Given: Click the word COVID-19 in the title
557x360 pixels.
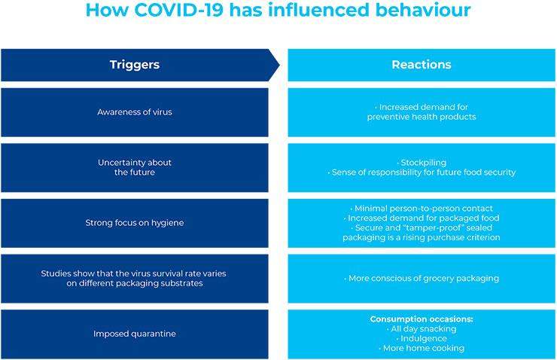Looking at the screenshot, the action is tap(179, 10).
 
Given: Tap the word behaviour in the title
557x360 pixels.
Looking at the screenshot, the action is tap(423, 10).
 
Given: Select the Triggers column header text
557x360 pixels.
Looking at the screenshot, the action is tap(135, 65).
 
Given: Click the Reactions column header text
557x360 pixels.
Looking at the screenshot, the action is tap(422, 65).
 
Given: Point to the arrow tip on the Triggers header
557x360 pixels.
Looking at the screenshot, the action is tap(279, 65).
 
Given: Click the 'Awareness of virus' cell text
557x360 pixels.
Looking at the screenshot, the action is tap(135, 112).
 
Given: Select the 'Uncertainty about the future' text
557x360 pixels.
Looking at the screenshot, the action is tap(135, 167).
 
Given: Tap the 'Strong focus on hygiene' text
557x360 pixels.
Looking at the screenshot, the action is tap(135, 223).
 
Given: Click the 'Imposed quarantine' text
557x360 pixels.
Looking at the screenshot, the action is tap(135, 334).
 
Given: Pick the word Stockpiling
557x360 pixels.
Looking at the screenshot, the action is tap(424, 163).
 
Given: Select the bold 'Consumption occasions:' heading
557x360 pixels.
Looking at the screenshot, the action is tap(422, 319).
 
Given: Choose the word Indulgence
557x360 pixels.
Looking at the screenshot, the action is tap(424, 338).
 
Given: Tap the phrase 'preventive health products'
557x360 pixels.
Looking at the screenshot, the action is tap(422, 117).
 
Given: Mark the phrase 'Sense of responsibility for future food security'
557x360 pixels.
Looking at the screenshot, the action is tap(424, 172).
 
